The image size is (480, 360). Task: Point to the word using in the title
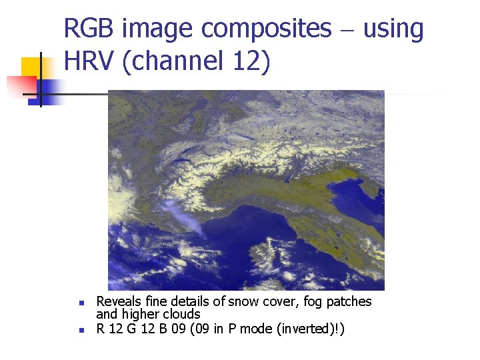393,29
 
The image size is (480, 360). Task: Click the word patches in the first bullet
349,302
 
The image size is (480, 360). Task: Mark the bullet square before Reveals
80,303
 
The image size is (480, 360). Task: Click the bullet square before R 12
80,330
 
